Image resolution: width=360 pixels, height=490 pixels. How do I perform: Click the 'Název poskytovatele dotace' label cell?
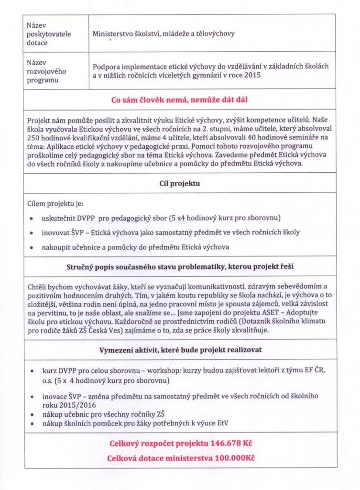44,33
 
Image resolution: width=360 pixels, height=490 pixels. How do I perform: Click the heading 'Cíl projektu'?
179,183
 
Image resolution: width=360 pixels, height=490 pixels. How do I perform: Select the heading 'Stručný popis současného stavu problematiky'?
180,267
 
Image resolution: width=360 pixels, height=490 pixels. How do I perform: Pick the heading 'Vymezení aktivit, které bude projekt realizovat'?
180,350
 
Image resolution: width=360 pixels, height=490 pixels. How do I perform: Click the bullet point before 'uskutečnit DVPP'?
31,219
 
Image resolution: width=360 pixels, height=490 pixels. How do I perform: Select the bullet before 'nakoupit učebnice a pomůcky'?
31,247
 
